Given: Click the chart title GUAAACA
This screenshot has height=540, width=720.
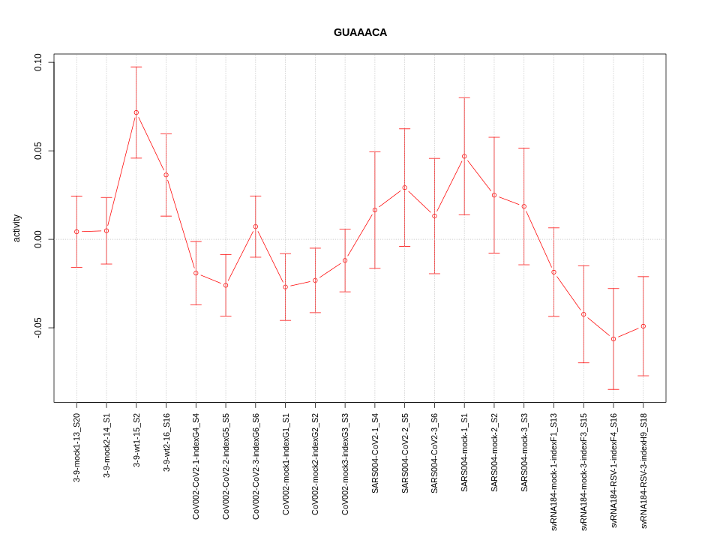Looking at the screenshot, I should [x=360, y=33].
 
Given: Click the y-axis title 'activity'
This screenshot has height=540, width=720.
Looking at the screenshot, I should [x=16, y=228].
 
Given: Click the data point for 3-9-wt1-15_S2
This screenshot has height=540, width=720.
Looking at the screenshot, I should [x=136, y=112].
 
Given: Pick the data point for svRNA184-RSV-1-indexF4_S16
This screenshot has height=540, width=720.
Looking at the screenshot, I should [x=613, y=339].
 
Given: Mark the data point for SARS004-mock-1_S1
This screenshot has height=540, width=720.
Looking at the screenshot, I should [x=464, y=156].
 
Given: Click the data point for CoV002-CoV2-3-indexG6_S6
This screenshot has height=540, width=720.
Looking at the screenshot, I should [x=256, y=226].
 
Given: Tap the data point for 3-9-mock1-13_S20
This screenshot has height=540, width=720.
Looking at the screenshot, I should [x=76, y=232].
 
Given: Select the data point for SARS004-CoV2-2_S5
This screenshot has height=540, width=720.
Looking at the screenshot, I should [x=404, y=187].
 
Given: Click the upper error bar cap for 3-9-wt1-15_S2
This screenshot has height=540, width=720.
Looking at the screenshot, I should [x=136, y=67].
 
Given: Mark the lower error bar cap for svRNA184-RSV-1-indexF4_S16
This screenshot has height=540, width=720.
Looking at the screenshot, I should [x=613, y=389].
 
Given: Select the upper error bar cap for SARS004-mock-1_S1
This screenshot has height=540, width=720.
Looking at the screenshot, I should [x=464, y=97].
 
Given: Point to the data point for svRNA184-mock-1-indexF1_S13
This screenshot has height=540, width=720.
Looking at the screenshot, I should [x=553, y=272].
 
